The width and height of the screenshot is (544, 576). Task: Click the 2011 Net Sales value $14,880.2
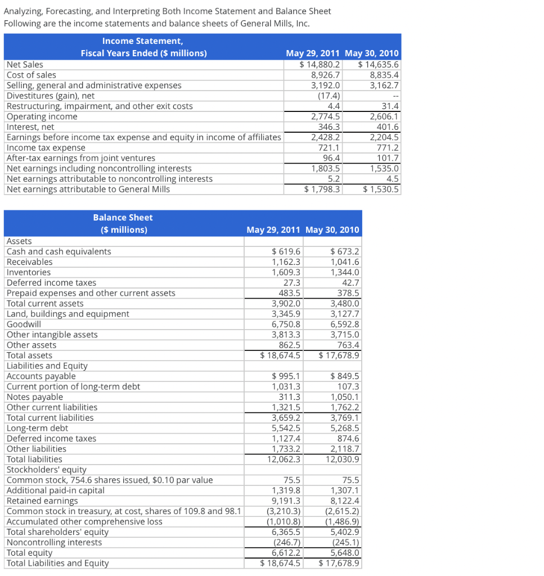click(321, 65)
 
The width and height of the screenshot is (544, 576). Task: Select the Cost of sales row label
click(31, 75)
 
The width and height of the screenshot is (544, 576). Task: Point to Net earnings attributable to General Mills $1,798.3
click(322, 189)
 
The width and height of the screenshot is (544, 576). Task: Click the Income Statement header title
click(143, 41)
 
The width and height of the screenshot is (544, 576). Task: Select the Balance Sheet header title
click(123, 218)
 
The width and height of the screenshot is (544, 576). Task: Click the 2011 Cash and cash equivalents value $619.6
click(286, 251)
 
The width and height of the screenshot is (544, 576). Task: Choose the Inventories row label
click(28, 272)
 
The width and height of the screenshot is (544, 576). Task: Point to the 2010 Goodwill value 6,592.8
click(341, 324)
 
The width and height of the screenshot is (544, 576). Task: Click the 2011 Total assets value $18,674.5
click(281, 355)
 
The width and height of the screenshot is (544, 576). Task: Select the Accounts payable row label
click(41, 376)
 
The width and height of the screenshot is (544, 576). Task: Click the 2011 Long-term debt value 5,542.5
click(286, 428)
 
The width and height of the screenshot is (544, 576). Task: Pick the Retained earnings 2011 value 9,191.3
click(286, 501)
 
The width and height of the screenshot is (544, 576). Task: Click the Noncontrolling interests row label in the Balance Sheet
click(54, 542)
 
